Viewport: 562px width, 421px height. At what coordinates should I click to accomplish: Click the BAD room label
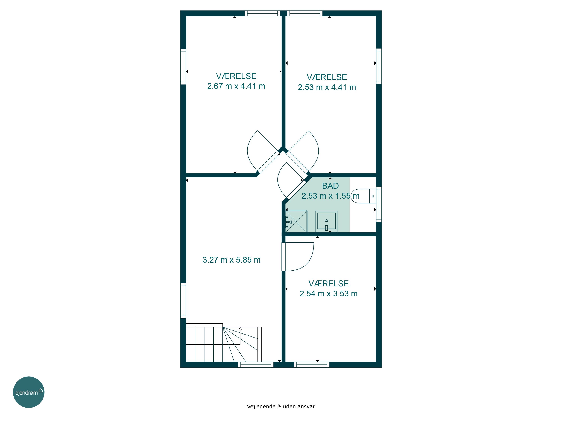click(330, 186)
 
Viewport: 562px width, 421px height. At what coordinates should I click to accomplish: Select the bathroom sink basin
click(327, 221)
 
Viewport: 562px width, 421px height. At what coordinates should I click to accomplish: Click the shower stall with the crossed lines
click(296, 221)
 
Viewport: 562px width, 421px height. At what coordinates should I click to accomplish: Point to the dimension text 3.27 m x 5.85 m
click(232, 260)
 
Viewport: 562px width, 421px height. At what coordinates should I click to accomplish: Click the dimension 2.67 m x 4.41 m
click(236, 86)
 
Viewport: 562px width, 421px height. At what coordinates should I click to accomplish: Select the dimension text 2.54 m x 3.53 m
click(329, 294)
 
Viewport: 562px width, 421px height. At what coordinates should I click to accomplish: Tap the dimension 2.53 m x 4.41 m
click(327, 87)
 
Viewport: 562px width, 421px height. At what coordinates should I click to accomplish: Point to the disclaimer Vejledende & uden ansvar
click(281, 407)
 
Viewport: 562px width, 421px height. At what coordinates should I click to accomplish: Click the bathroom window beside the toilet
click(379, 204)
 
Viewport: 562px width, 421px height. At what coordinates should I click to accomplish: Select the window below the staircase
click(256, 365)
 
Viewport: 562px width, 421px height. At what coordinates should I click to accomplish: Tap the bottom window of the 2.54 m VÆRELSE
click(312, 365)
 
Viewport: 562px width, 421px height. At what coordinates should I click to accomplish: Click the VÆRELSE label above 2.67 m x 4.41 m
click(236, 76)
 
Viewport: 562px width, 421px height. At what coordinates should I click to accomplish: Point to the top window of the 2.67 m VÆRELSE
click(262, 13)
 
